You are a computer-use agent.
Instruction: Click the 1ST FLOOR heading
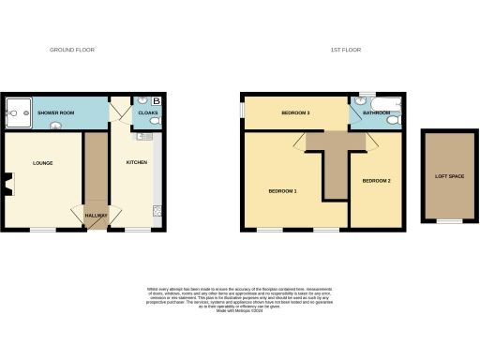346,50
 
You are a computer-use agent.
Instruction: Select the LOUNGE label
42,163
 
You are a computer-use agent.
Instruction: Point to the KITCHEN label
137,162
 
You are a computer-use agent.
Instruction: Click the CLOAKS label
148,113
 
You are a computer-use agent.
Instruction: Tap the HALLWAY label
97,216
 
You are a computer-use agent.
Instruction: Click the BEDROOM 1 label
282,191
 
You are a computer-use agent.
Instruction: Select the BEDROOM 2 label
376,180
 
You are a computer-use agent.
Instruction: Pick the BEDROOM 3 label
295,113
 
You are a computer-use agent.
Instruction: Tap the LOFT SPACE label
448,175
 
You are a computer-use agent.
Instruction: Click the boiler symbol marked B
157,99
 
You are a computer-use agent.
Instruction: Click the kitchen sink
143,137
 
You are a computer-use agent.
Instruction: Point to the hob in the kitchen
157,209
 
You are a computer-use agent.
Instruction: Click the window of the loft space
449,221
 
